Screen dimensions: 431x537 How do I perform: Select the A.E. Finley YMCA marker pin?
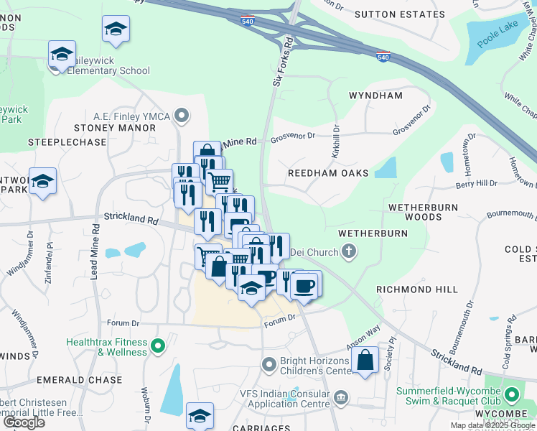pyautogui.click(x=183, y=115)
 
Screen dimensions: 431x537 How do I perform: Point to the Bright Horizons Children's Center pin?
pyautogui.click(x=269, y=365)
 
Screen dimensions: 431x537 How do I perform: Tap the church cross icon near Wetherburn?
pyautogui.click(x=349, y=252)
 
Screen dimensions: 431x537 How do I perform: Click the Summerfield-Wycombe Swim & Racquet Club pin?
pyautogui.click(x=512, y=395)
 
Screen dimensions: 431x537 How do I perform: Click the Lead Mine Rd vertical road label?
pyautogui.click(x=94, y=254)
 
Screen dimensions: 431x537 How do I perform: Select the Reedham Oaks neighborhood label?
pyautogui.click(x=327, y=173)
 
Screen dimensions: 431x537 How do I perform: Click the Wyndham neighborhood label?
pyautogui.click(x=375, y=96)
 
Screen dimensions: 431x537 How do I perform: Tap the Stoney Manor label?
pyautogui.click(x=115, y=128)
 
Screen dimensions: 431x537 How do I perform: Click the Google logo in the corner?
pyautogui.click(x=24, y=422)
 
